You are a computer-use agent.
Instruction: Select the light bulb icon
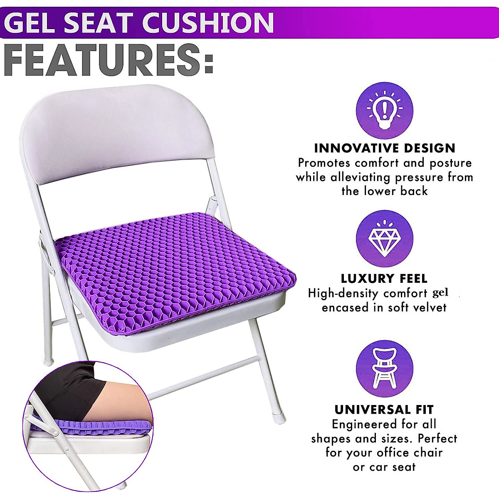coord(385,110)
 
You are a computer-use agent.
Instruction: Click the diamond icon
coord(385,240)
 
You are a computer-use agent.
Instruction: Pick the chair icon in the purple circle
coord(385,369)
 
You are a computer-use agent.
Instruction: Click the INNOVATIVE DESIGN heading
coord(385,148)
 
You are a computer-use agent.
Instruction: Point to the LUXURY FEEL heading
coord(384,278)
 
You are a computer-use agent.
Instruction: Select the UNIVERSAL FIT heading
coord(384,410)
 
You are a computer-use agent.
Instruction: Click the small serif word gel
coord(440,293)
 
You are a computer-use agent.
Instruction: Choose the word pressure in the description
coord(419,178)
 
